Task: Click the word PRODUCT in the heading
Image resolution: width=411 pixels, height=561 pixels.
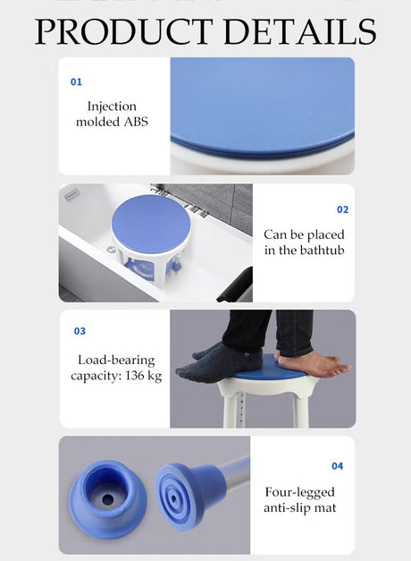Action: tap(123, 31)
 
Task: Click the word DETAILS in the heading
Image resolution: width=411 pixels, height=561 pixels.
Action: tap(300, 31)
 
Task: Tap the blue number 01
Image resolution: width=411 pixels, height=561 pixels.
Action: tap(76, 82)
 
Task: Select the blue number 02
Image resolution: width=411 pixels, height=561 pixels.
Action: tap(342, 209)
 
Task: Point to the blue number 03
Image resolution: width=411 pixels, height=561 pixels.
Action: tap(80, 331)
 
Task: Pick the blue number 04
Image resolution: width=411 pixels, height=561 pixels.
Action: tap(338, 466)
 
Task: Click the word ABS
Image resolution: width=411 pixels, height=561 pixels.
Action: tap(136, 122)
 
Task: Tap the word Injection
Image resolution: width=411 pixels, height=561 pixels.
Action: tap(112, 106)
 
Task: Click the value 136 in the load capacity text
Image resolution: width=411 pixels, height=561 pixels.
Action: tap(135, 375)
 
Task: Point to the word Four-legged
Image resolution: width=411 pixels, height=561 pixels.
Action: tap(300, 493)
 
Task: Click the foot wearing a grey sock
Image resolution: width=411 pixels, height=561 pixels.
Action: tap(219, 362)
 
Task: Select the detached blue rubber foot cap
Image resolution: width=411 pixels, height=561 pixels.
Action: tap(107, 498)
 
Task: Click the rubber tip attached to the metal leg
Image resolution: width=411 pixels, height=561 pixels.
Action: tap(191, 495)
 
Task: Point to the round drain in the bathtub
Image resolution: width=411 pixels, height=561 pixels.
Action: tap(112, 250)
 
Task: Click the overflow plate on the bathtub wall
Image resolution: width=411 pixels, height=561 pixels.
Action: tap(71, 195)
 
